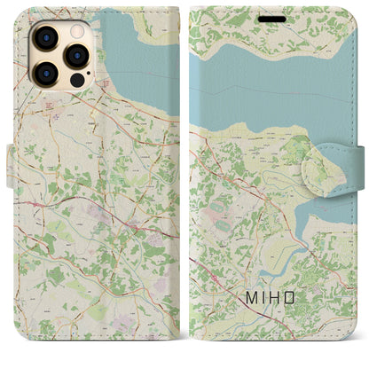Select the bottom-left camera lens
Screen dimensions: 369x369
pos(44,75)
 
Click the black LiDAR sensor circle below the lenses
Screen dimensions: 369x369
pos(77,82)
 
